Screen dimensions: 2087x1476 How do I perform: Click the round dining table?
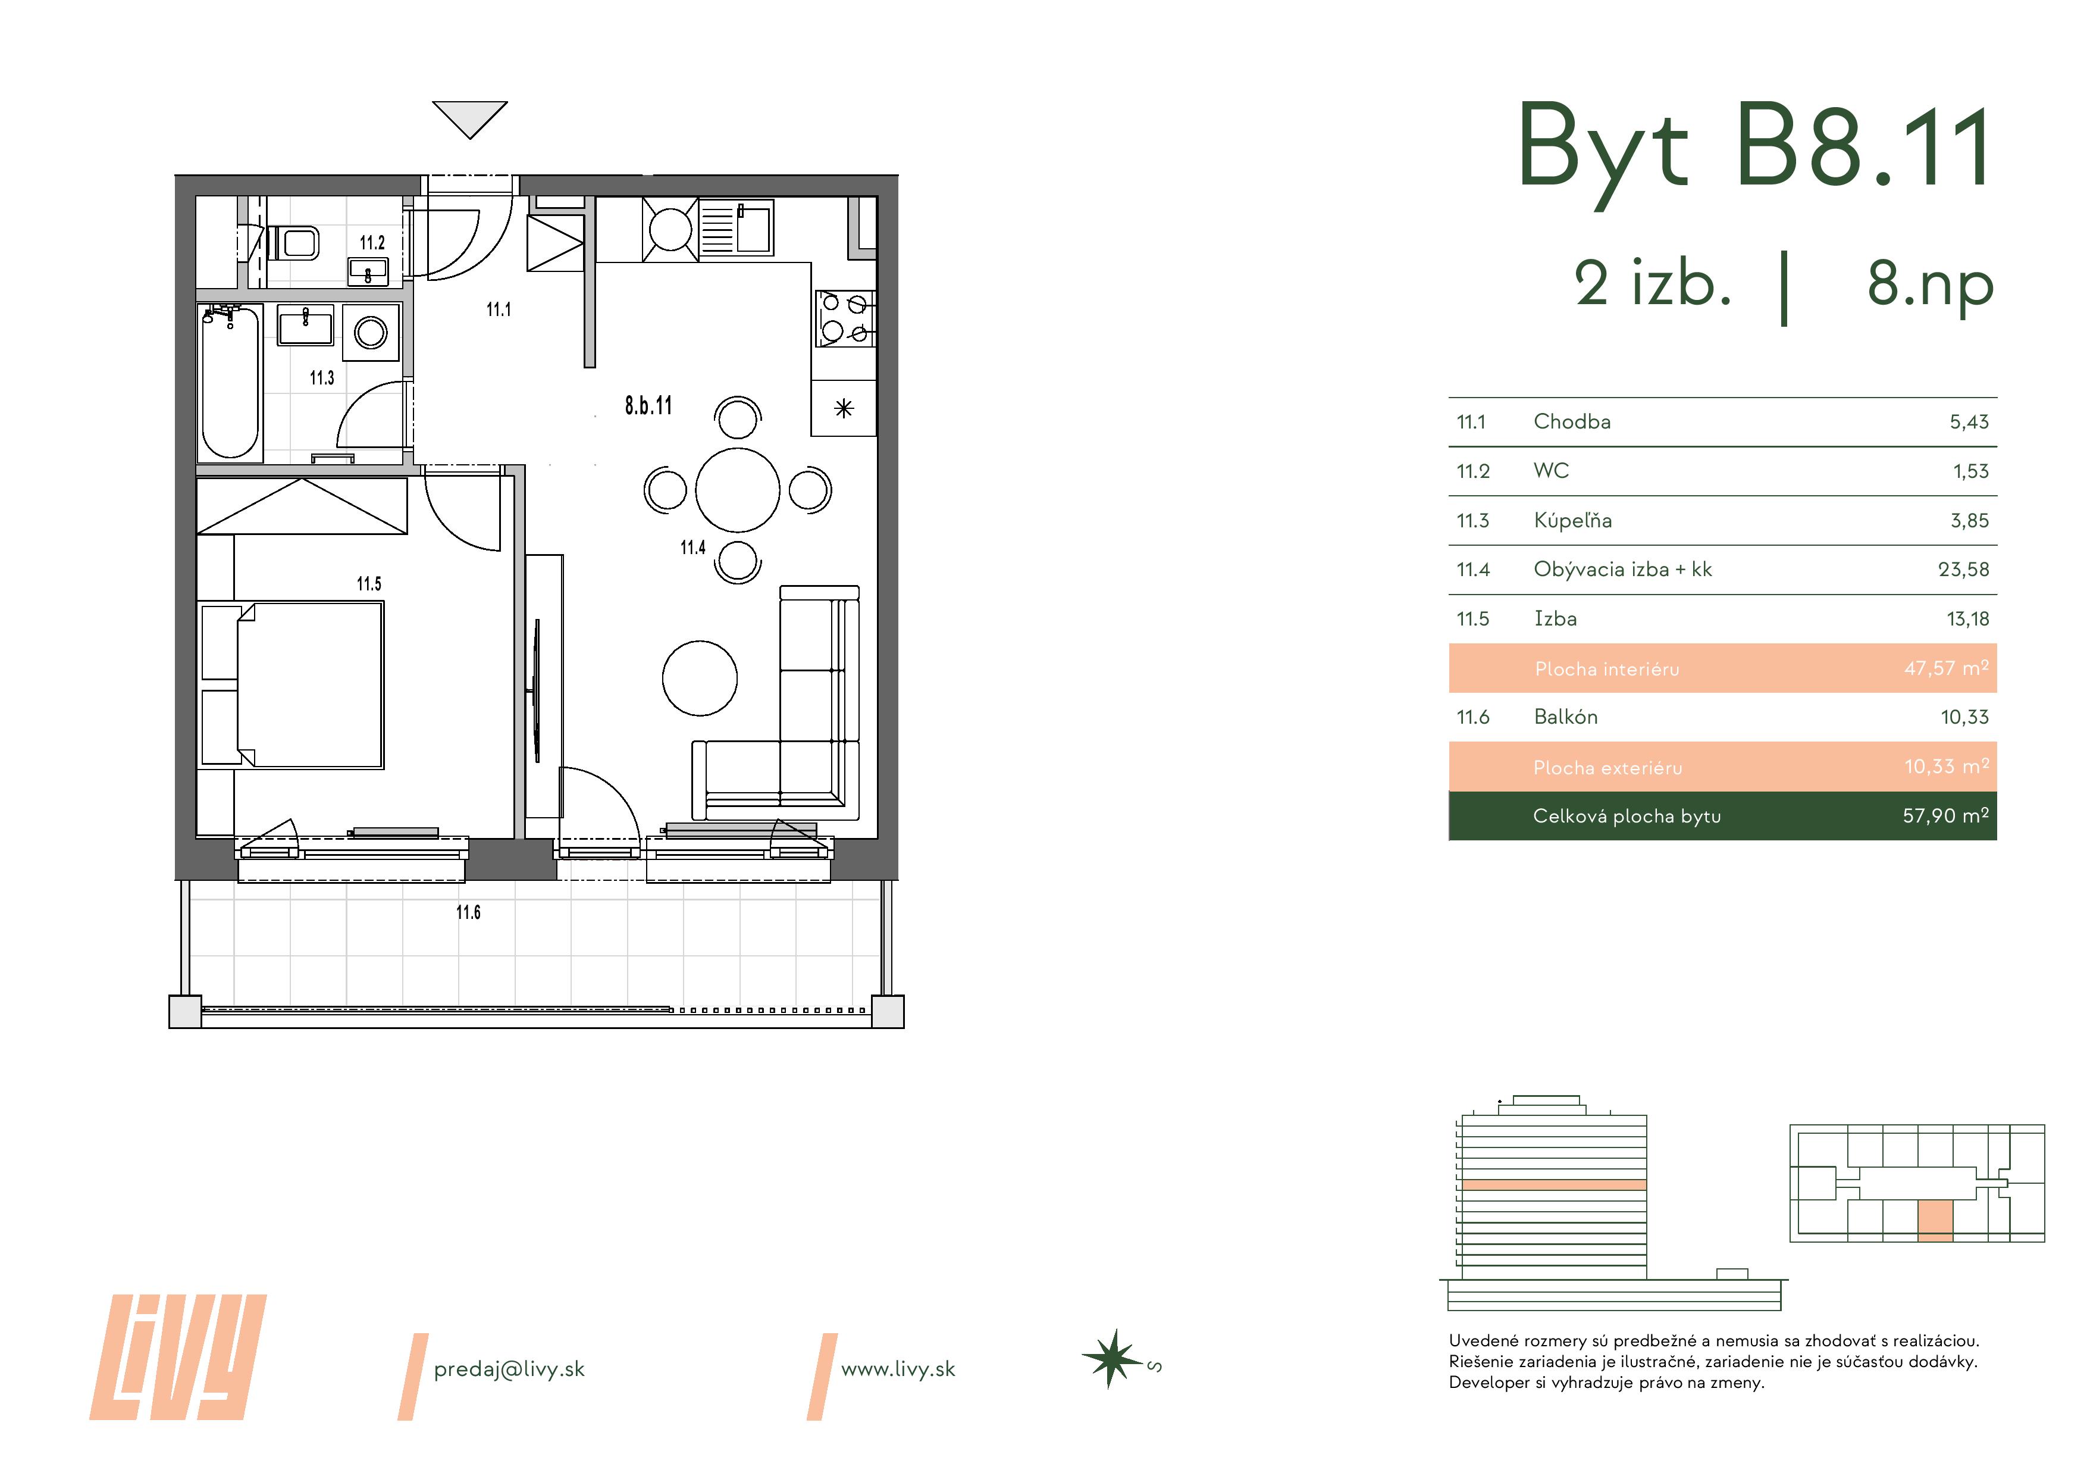[x=737, y=489]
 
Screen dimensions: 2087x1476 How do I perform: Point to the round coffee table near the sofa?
[x=699, y=677]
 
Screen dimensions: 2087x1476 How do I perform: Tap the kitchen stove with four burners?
[x=844, y=319]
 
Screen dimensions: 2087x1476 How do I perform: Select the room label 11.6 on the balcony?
[x=468, y=912]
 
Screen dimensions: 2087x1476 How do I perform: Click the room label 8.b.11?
[x=648, y=406]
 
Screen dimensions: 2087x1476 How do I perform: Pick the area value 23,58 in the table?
[x=1963, y=570]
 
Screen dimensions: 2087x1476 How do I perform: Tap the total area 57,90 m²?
[x=1945, y=816]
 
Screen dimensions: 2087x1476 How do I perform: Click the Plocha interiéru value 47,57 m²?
[x=1946, y=668]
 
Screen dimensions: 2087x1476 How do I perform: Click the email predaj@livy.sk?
[x=509, y=1369]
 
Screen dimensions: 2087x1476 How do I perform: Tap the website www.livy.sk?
[x=898, y=1369]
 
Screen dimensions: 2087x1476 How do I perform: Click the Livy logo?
[x=178, y=1357]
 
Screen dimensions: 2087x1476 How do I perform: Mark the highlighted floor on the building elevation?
[x=1555, y=1185]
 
